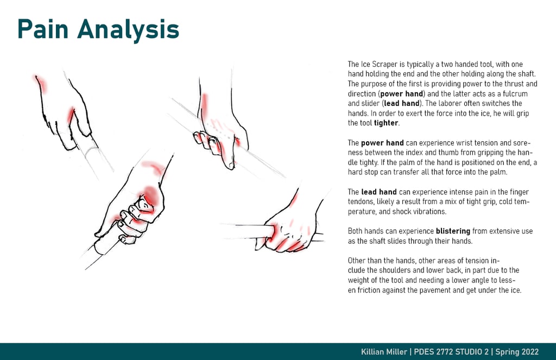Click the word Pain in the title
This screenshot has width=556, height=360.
pos(43,29)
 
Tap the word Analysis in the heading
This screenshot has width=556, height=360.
pos(128,31)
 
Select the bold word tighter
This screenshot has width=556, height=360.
pos(387,123)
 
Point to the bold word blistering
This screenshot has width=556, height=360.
pos(453,231)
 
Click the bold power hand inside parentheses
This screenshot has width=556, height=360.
pos(402,94)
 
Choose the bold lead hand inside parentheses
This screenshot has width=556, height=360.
pos(402,104)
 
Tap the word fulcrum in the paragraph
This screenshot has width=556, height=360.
pos(515,93)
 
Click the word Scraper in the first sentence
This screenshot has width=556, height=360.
pos(385,65)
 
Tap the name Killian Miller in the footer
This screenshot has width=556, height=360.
pos(384,352)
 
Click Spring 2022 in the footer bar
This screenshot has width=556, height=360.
pos(517,352)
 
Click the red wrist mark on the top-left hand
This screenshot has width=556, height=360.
pos(40,84)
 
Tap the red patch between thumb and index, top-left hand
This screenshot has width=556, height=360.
pos(71,115)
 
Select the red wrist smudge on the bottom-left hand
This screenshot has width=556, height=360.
pos(154,167)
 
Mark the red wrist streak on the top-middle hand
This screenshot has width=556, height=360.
pos(204,106)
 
